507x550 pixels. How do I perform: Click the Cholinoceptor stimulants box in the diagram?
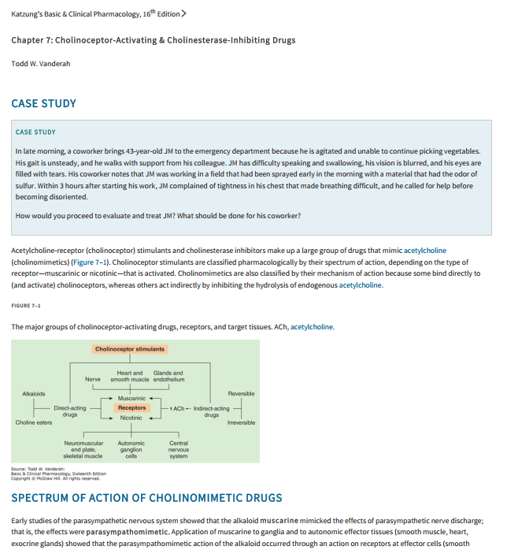coord(130,349)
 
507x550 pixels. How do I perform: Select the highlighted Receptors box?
coord(131,408)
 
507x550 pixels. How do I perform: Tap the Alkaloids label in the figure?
coord(34,393)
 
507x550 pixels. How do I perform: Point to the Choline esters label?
coord(34,423)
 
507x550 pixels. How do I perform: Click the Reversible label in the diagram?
coord(241,393)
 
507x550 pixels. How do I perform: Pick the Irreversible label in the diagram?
coord(241,423)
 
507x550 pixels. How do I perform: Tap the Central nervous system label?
coord(179,450)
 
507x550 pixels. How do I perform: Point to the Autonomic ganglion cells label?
coord(131,450)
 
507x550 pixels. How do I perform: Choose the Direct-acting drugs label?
coord(70,411)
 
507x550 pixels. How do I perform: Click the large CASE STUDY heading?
coord(43,103)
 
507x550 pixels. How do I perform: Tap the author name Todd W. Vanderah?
coord(41,63)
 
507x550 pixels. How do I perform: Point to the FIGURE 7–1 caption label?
coord(26,305)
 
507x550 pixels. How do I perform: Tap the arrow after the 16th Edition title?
coord(183,13)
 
